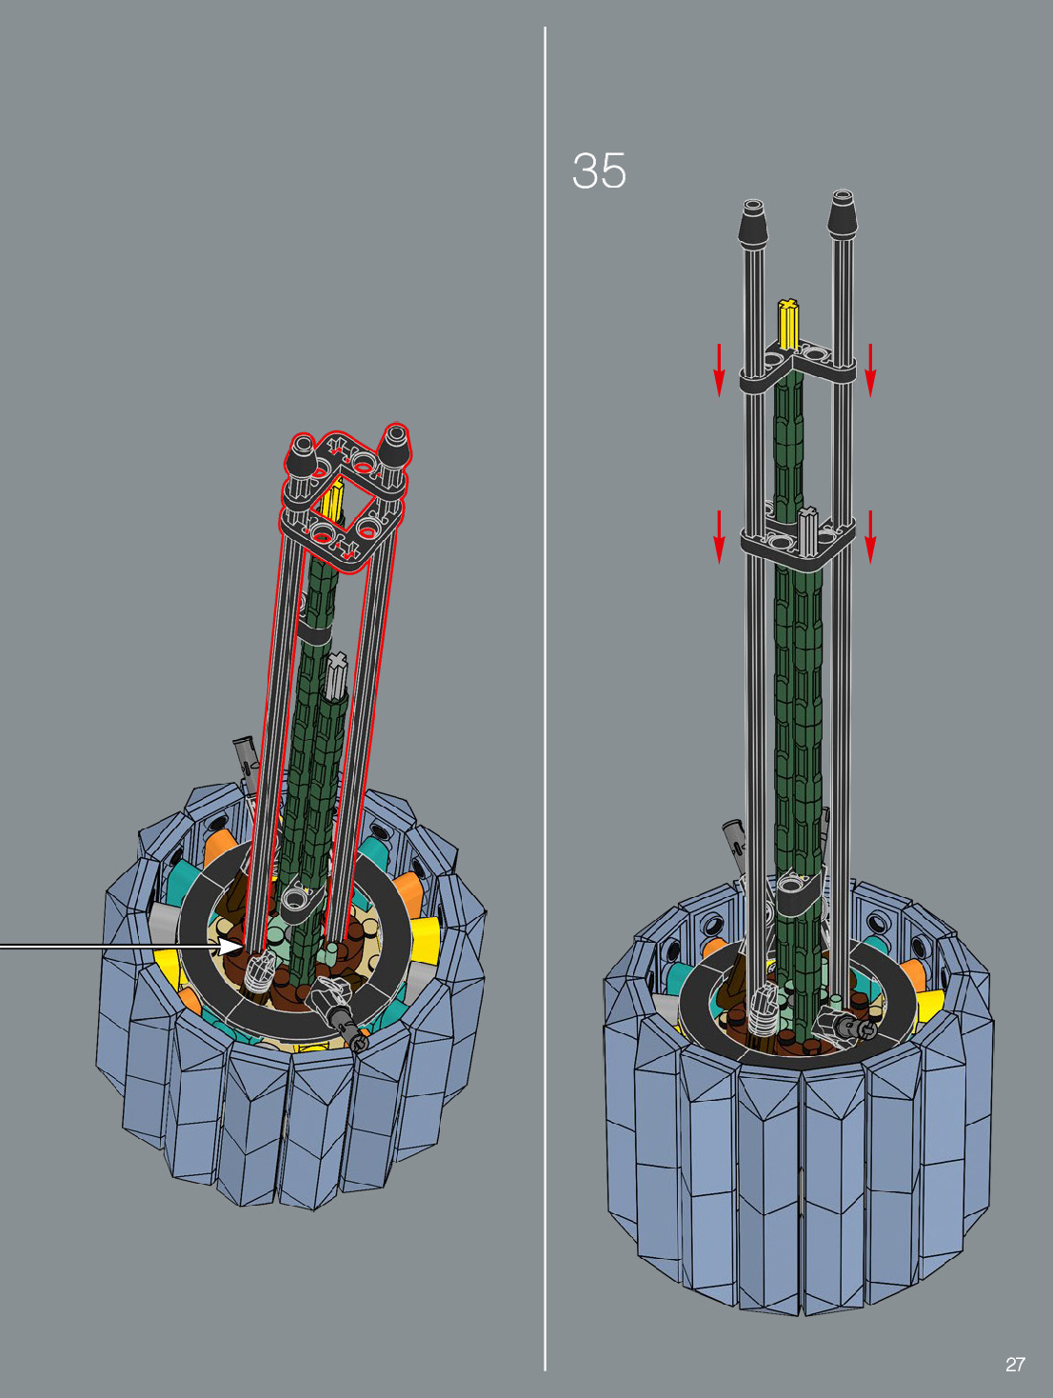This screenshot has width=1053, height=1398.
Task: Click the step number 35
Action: click(x=599, y=170)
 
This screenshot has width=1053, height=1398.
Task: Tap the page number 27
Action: click(x=1016, y=1365)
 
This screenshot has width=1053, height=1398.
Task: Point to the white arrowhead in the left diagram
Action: click(x=229, y=946)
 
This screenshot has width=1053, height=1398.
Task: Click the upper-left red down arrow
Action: click(x=719, y=370)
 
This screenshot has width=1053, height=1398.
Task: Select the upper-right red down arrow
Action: click(x=870, y=370)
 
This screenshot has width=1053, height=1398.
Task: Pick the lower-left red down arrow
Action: click(x=719, y=537)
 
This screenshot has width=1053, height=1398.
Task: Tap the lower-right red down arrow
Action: click(x=870, y=537)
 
